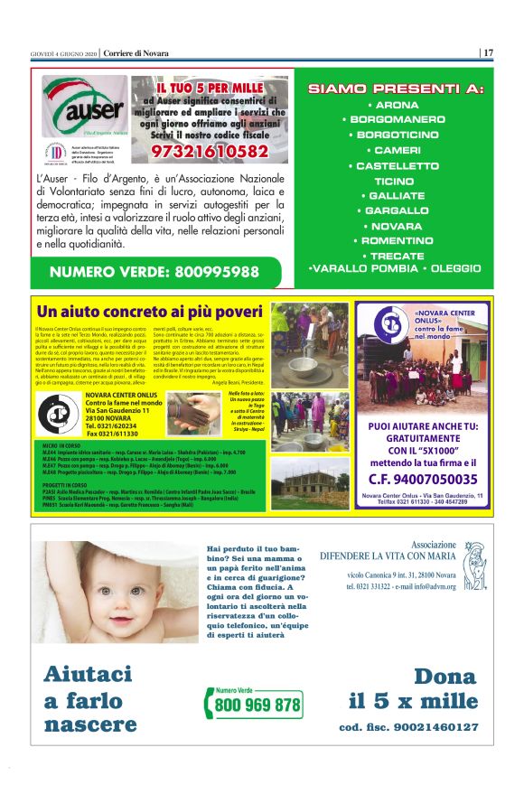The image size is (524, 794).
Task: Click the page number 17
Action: click(488, 52)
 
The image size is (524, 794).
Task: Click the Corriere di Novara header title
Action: click(136, 52)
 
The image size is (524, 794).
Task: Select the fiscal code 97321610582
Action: click(211, 152)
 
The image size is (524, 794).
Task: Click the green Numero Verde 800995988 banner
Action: click(154, 271)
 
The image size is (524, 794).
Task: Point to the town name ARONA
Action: click(396, 105)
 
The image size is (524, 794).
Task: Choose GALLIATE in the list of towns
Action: click(396, 195)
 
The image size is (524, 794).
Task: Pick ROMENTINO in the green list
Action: click(396, 241)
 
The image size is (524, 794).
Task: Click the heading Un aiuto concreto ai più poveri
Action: click(151, 313)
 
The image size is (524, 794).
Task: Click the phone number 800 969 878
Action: click(258, 705)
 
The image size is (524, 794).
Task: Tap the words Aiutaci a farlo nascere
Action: click(90, 699)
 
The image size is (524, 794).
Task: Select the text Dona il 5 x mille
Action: click(412, 689)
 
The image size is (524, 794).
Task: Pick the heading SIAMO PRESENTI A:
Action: click(396, 89)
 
